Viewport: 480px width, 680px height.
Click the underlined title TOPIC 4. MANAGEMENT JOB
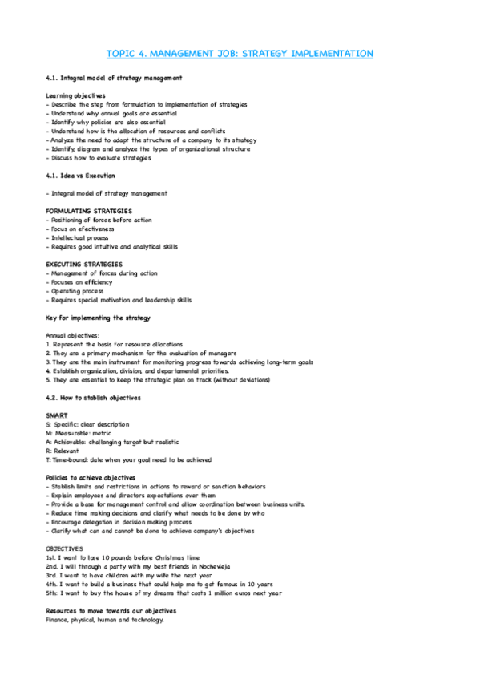point(240,54)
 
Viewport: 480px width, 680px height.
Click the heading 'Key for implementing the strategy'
point(98,318)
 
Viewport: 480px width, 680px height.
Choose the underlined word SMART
point(57,415)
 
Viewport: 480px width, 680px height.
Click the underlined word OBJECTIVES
point(64,548)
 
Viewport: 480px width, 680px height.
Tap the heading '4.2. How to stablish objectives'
point(93,398)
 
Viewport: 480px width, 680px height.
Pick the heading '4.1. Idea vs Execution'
point(80,175)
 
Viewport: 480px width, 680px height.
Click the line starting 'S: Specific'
point(87,424)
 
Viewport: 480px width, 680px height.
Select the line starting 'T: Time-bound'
point(128,459)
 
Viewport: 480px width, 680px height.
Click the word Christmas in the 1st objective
point(171,557)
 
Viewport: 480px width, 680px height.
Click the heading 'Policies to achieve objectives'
point(95,478)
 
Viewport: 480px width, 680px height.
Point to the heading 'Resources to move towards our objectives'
point(111,611)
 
